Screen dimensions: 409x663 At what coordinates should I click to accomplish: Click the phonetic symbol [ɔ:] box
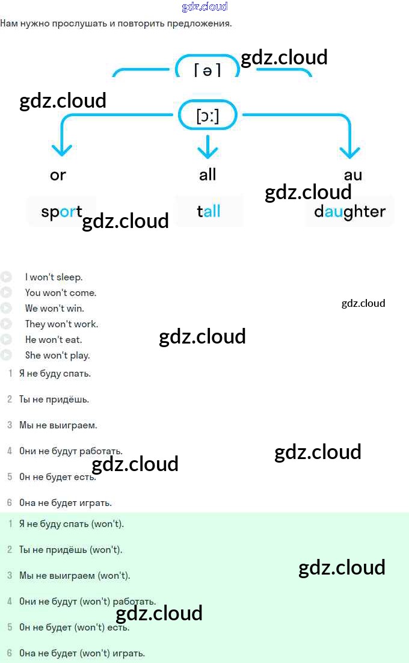tap(208, 116)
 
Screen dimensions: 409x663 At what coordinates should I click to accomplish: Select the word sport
tap(61, 212)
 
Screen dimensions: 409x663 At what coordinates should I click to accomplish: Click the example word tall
tap(208, 211)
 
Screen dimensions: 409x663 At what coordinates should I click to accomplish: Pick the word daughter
tap(349, 212)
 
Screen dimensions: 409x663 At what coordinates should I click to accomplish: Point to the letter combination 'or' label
tap(58, 175)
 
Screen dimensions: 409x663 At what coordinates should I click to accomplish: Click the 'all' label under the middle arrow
tap(208, 175)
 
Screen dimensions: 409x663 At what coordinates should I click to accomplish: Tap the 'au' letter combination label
tap(353, 175)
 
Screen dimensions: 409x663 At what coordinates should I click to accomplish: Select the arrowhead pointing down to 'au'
tap(350, 149)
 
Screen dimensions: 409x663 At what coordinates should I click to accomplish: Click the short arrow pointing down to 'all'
tap(208, 146)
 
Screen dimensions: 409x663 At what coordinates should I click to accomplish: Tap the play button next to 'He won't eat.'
tap(6, 339)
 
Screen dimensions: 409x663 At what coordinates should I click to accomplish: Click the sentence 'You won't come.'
tap(61, 293)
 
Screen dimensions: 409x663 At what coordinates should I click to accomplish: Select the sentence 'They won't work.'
tap(61, 324)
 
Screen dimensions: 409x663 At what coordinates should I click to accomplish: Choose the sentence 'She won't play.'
tap(58, 355)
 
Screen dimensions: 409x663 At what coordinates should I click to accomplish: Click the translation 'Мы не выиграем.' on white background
tap(58, 425)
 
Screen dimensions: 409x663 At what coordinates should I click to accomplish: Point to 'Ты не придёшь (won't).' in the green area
tap(71, 550)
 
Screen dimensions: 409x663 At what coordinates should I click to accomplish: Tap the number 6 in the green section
tap(10, 653)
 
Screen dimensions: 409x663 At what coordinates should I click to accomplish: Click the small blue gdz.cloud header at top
tap(204, 7)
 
